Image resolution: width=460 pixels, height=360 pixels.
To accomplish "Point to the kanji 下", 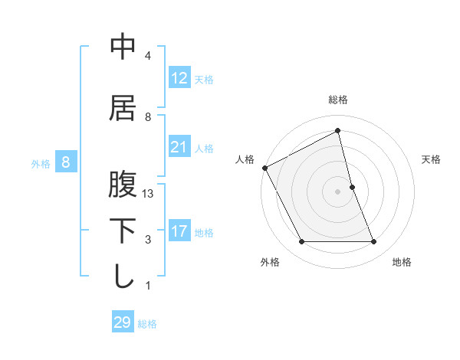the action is point(123,231).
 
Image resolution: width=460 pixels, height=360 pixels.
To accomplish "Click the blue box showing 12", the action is point(179,78).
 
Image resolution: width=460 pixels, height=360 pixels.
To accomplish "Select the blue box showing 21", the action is point(179,147).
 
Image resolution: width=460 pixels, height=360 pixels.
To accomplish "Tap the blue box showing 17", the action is point(179,231).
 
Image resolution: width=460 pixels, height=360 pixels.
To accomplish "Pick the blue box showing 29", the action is point(123,322).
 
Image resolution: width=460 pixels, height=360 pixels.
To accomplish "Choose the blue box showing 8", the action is point(66,162).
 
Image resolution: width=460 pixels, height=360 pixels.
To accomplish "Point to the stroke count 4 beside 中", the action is point(148,56).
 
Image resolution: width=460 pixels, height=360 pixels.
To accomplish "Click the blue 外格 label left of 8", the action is point(41,163).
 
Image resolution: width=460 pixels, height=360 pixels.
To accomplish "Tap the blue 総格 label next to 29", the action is point(147,324).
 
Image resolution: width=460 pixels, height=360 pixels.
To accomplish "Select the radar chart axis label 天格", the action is point(432,159).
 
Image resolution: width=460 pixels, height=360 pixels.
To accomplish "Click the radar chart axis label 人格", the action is point(245,159).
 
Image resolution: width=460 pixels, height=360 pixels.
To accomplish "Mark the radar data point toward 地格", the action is point(374,242).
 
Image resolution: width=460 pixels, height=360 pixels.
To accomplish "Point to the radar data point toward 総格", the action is point(338,131).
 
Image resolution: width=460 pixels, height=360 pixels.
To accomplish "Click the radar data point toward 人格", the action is point(265,167).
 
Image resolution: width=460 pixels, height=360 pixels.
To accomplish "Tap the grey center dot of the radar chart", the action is point(338,191).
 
